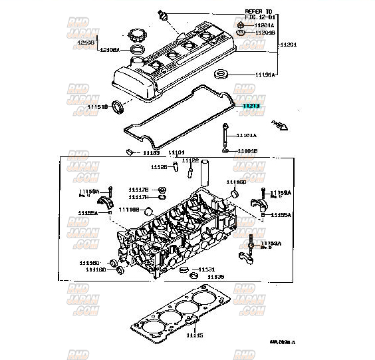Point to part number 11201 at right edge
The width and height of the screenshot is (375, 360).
(x=289, y=44)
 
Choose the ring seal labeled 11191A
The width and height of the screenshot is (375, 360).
(x=222, y=74)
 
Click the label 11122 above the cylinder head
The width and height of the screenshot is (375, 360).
(x=190, y=160)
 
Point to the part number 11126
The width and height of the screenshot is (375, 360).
(x=159, y=166)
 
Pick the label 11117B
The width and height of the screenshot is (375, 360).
(x=138, y=190)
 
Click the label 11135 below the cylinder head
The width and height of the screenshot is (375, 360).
(x=215, y=276)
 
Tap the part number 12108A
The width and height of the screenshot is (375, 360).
(x=110, y=49)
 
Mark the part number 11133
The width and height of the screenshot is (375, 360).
(x=152, y=152)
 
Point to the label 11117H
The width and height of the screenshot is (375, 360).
(x=138, y=197)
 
